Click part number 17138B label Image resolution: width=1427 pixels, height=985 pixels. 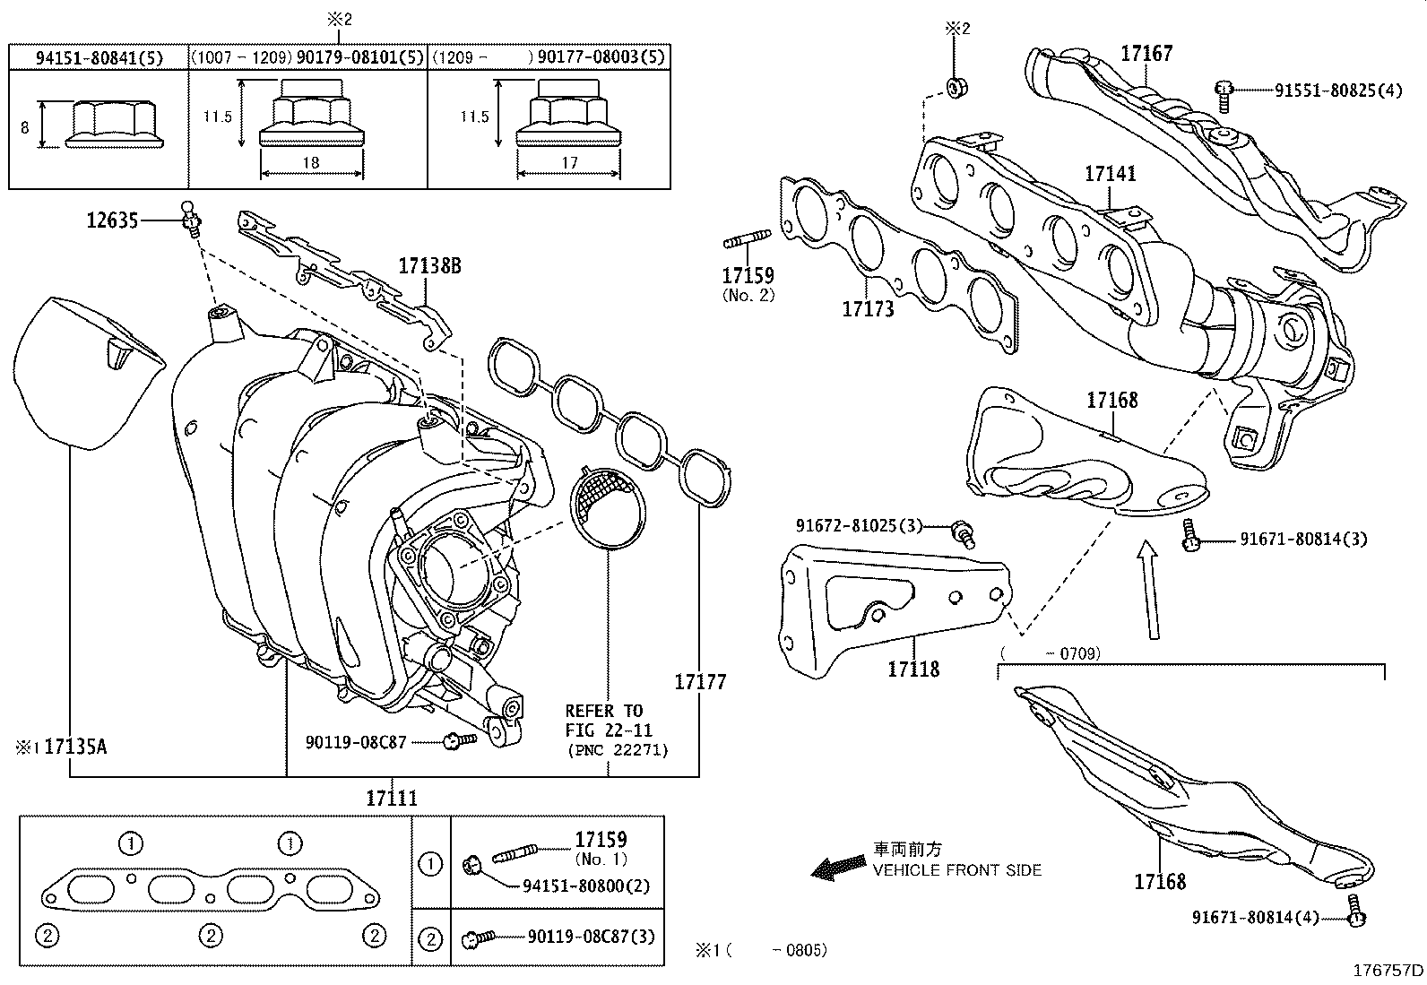[x=429, y=266]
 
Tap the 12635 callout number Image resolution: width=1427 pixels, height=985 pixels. [x=112, y=220]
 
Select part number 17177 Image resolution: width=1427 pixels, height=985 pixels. [x=700, y=682]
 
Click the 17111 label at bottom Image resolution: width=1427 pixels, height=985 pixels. [x=392, y=797]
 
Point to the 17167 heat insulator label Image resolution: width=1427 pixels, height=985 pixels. [x=1146, y=54]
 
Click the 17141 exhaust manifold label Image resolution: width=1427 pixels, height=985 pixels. [x=1110, y=173]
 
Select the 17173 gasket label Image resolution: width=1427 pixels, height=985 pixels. [x=868, y=309]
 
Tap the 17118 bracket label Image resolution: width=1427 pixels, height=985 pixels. [x=913, y=669]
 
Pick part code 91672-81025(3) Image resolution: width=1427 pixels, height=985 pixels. [x=858, y=525]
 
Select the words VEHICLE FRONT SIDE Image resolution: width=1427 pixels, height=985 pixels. [x=957, y=870]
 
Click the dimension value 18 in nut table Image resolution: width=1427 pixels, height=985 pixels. [x=310, y=163]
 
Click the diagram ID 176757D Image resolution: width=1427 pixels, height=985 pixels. [x=1387, y=970]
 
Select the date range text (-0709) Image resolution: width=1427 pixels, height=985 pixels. [x=1051, y=653]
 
